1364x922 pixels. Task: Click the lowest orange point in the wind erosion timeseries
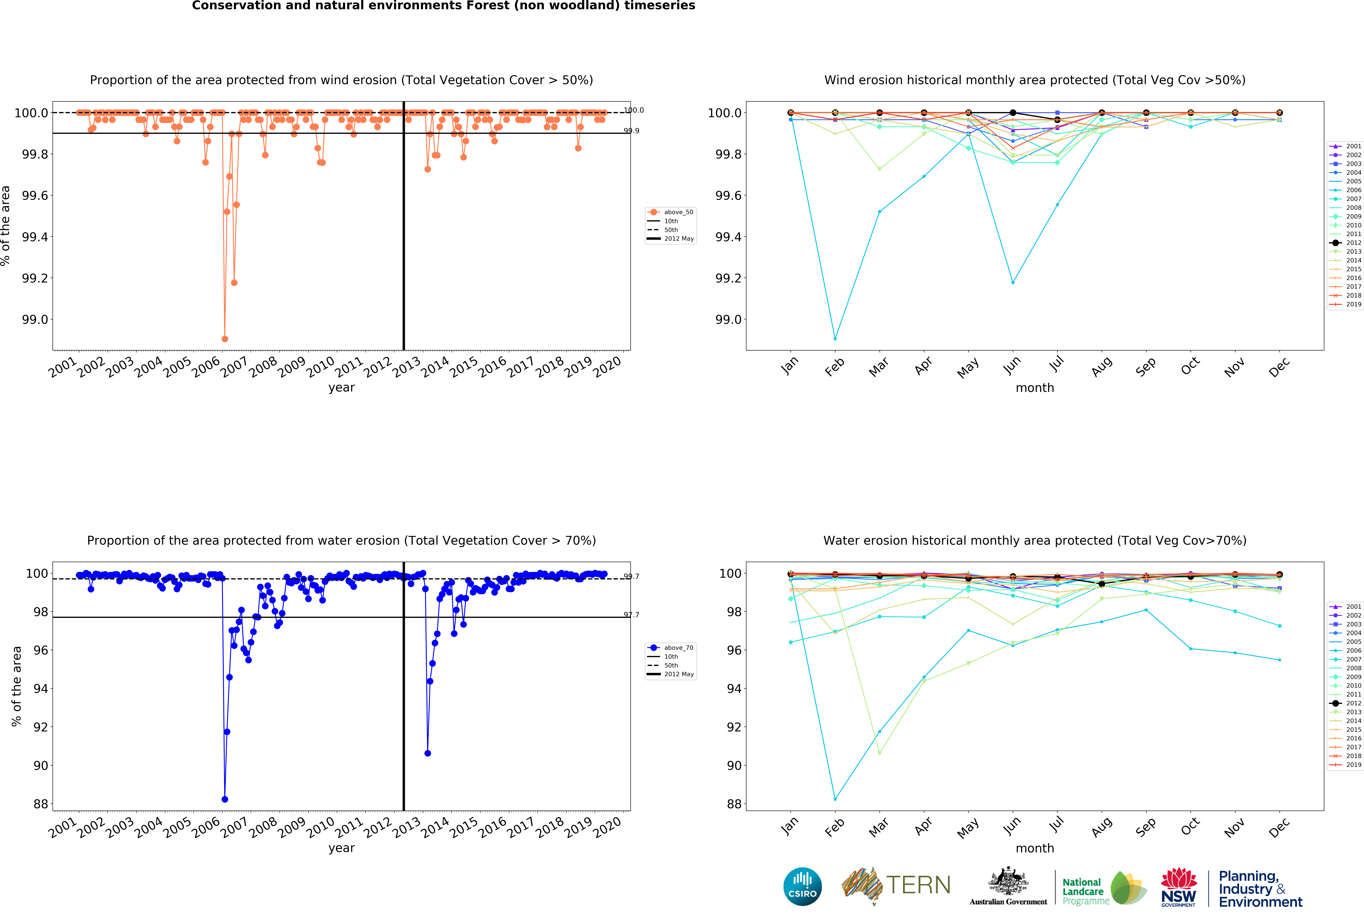(225, 339)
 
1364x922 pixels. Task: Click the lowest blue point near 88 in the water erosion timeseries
(225, 799)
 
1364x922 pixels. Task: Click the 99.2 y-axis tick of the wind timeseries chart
(35, 278)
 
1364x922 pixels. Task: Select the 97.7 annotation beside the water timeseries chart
(632, 615)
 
